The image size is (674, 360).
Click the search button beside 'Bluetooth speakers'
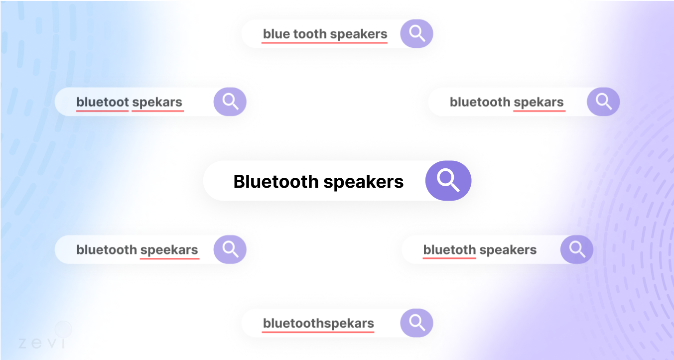[448, 180]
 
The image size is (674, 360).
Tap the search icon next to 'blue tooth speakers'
[416, 33]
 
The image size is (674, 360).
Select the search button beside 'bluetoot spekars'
[230, 102]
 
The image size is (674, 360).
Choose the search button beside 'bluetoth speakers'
[576, 249]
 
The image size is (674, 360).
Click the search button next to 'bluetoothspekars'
[416, 323]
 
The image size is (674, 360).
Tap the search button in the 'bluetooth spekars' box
[603, 102]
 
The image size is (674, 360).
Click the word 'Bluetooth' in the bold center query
[276, 181]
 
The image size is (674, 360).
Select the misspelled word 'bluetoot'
[103, 102]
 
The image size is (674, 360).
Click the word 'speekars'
[169, 250]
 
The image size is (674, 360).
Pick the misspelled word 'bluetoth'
[449, 249]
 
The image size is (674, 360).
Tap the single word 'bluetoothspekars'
[318, 324]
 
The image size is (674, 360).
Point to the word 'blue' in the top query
[276, 34]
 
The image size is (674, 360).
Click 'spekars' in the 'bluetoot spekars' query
[157, 103]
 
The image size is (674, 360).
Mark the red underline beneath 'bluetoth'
[449, 258]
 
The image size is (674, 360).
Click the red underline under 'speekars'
[169, 258]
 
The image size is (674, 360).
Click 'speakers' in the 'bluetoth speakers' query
[508, 250]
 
